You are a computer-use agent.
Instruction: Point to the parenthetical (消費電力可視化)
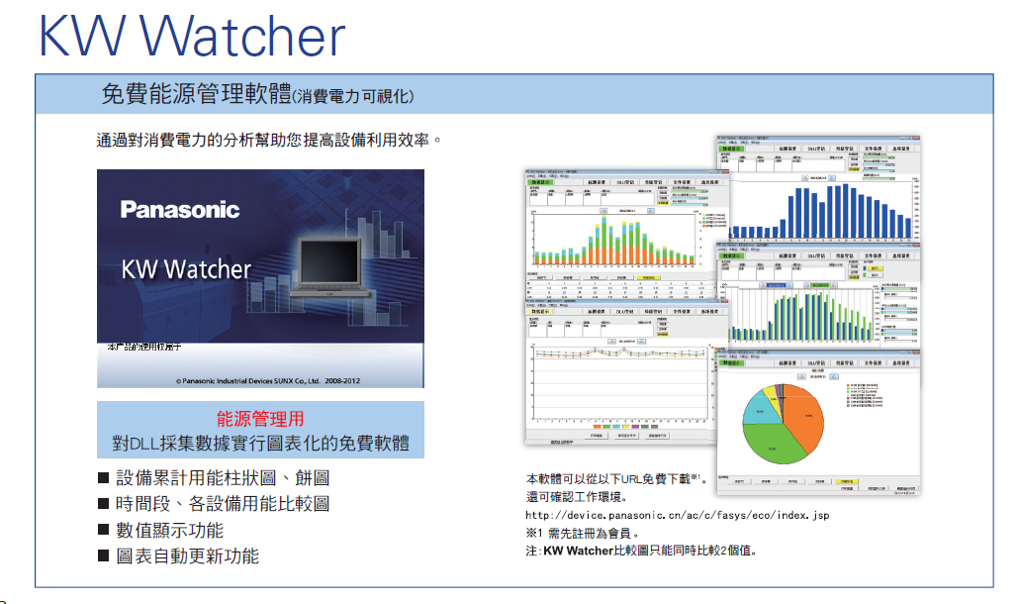(353, 97)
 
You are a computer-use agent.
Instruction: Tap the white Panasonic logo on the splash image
(180, 210)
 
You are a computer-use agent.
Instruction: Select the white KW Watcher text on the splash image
(186, 269)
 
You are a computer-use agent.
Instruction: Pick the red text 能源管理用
(260, 419)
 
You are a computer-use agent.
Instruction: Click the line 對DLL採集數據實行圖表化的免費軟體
(260, 443)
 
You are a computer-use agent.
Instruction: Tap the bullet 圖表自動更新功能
(188, 556)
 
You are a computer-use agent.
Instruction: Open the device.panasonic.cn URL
(677, 515)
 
